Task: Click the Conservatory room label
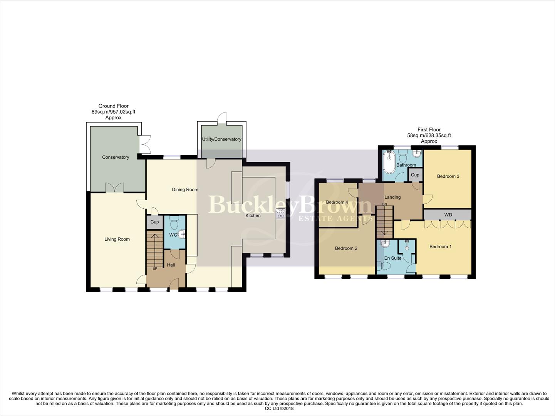pyautogui.click(x=116, y=157)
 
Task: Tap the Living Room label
pyautogui.click(x=117, y=239)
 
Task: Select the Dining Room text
pyautogui.click(x=185, y=190)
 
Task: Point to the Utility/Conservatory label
pyautogui.click(x=222, y=139)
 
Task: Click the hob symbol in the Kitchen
pyautogui.click(x=280, y=213)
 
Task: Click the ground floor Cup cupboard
pyautogui.click(x=154, y=222)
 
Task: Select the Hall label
pyautogui.click(x=171, y=265)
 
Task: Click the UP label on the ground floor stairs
pyautogui.click(x=155, y=268)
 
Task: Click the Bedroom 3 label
pyautogui.click(x=448, y=176)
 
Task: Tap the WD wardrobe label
pyautogui.click(x=448, y=215)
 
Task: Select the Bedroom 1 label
pyautogui.click(x=441, y=247)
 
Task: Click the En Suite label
pyautogui.click(x=393, y=258)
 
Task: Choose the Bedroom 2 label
pyautogui.click(x=346, y=248)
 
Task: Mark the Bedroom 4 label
pyautogui.click(x=337, y=202)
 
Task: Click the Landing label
pyautogui.click(x=392, y=197)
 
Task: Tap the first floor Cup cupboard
pyautogui.click(x=415, y=175)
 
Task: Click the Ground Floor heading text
pyautogui.click(x=113, y=106)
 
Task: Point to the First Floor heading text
pyautogui.click(x=429, y=130)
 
